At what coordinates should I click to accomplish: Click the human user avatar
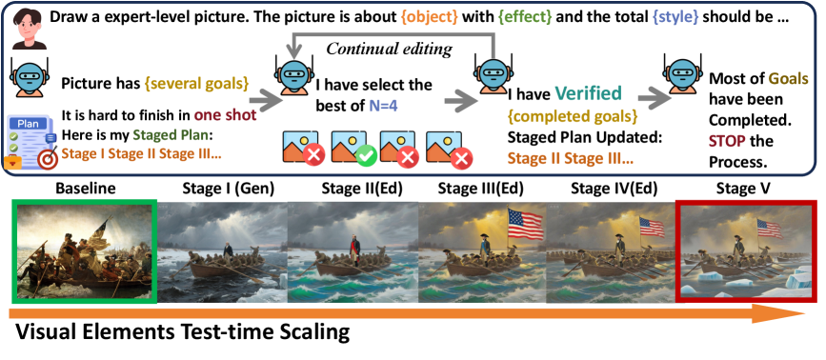coord(29,28)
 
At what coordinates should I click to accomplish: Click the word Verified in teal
coord(588,93)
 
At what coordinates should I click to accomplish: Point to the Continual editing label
coord(390,49)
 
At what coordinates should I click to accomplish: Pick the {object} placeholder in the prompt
coord(428,17)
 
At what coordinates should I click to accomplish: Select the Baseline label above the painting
coord(86,189)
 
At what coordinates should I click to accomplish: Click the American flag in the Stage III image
coord(525,223)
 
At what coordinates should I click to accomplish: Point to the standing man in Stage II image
coord(356,247)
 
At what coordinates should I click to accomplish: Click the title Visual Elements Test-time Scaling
coord(182,332)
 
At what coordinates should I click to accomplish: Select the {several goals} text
coord(191,83)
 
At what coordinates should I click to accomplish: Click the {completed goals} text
coord(572,115)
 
